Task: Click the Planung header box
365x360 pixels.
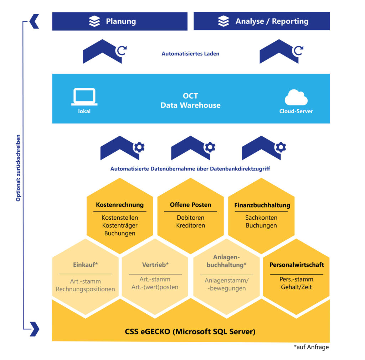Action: [120, 21]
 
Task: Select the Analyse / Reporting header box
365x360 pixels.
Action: [262, 21]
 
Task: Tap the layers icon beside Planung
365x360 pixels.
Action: [94, 21]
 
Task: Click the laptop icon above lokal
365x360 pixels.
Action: [84, 97]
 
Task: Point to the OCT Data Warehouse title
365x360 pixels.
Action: [190, 101]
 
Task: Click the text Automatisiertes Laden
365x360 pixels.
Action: [190, 54]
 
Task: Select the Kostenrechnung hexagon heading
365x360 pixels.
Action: [120, 205]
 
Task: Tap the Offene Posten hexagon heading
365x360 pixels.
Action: [190, 205]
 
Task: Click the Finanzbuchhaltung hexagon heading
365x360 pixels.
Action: [262, 205]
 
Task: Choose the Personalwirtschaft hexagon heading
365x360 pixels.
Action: [297, 265]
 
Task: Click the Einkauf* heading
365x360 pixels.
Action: [85, 265]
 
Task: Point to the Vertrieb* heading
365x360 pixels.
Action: [155, 265]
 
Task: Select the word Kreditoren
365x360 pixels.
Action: [190, 225]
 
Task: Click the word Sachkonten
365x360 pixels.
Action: [261, 218]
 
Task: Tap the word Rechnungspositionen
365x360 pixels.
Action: [85, 289]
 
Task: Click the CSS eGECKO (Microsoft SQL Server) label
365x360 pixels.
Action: [190, 332]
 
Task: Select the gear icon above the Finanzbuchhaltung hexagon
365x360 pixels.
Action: [281, 147]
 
